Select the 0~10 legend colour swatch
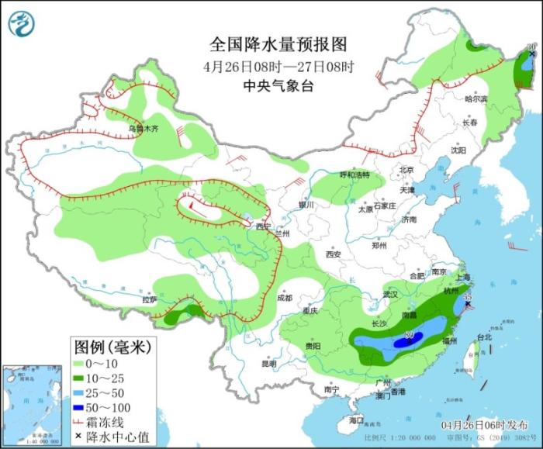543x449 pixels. pos(84,362)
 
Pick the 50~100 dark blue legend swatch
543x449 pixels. pos(84,406)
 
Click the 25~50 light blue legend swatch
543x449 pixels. pos(84,392)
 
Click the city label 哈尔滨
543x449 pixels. pos(476,99)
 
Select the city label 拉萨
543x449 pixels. pos(149,299)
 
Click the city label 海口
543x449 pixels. pos(356,420)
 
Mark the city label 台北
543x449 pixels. pos(484,337)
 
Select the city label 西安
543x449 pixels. pos(334,254)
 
